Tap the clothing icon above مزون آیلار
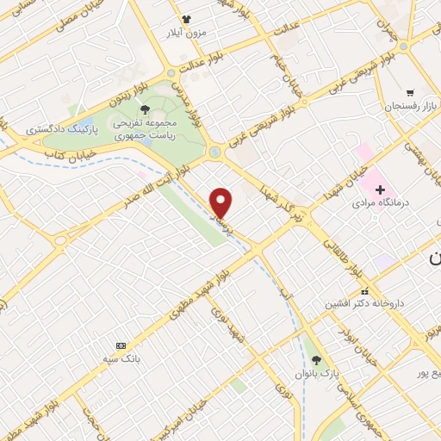pos(183,18)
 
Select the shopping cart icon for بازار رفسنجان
pos(410,92)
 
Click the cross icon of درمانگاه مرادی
pos(380,189)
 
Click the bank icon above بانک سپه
pos(120,345)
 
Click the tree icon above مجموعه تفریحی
pos(144,109)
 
